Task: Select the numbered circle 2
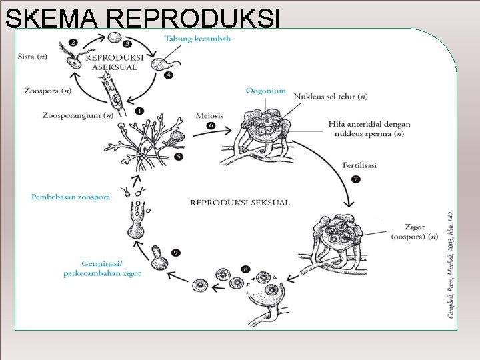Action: click(73, 43)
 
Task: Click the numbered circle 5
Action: click(178, 157)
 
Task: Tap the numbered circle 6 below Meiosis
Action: click(211, 126)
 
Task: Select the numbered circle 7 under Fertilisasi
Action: click(355, 178)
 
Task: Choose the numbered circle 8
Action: click(246, 269)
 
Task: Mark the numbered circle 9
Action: click(175, 252)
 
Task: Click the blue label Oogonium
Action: click(265, 91)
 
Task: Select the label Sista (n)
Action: click(31, 58)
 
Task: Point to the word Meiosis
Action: click(210, 115)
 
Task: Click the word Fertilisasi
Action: click(359, 165)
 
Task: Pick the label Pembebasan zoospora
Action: click(71, 197)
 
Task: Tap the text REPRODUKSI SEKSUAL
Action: click(240, 203)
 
